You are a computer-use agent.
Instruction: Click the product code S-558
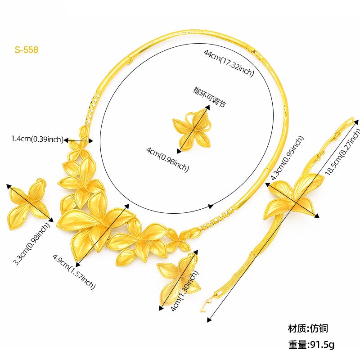click(x=26, y=50)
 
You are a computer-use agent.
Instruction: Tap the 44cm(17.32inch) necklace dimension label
click(x=229, y=63)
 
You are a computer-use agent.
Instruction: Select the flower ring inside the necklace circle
click(x=193, y=128)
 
